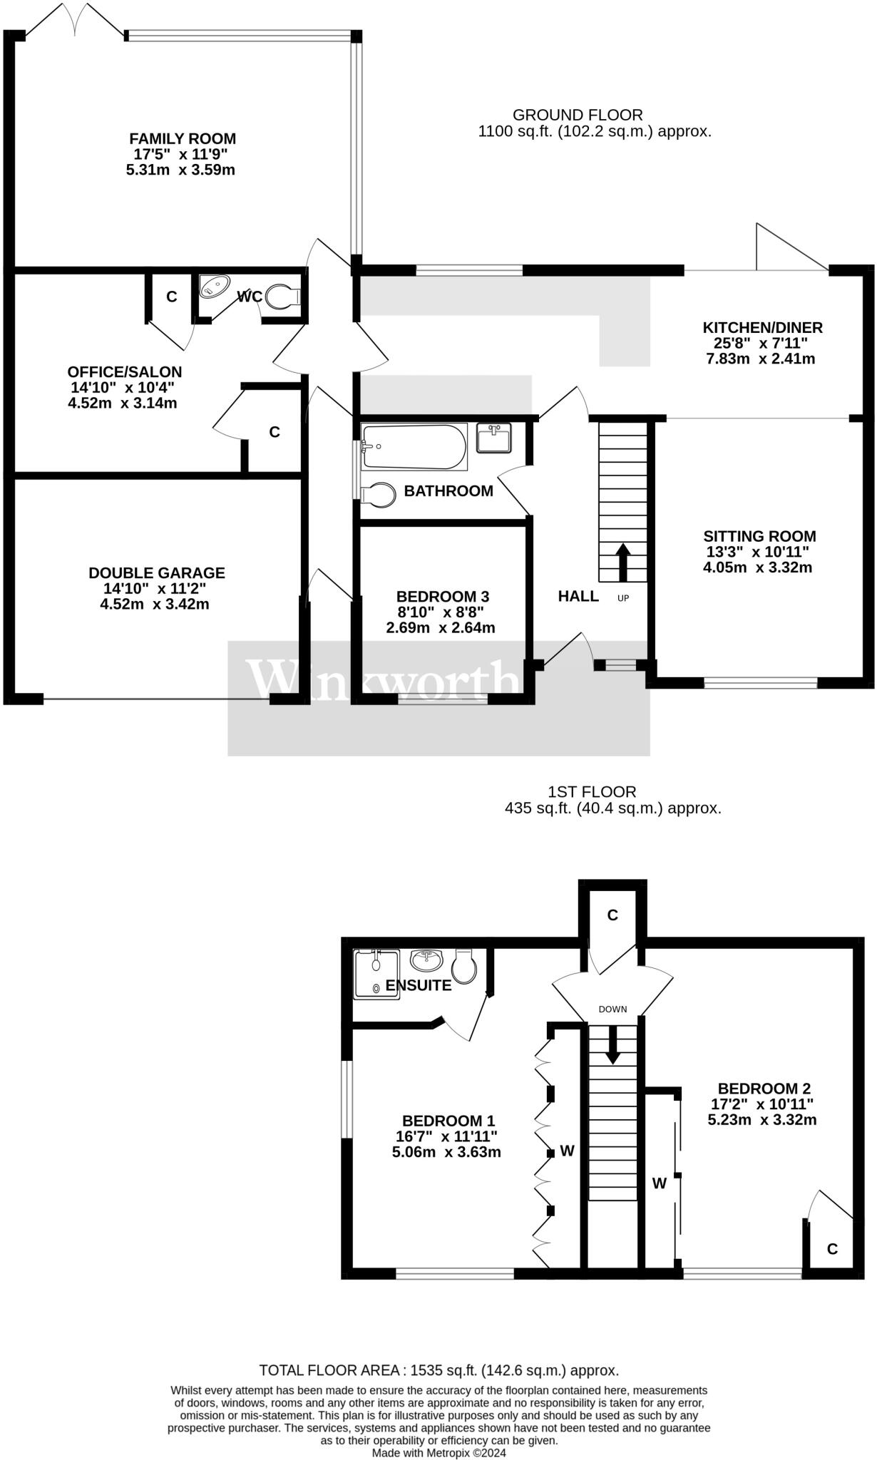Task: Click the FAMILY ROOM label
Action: click(x=183, y=138)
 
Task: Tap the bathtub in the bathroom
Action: click(x=414, y=447)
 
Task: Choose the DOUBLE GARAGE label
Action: click(x=156, y=572)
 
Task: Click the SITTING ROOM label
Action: click(x=759, y=536)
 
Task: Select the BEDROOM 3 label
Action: click(x=442, y=596)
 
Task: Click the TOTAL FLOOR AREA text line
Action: click(x=438, y=1370)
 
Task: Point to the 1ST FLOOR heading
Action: click(x=592, y=791)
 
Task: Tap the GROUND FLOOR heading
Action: click(x=578, y=115)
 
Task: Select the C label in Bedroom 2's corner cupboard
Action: click(x=831, y=1250)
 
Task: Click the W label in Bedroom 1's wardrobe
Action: click(x=568, y=1151)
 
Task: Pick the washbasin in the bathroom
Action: click(x=493, y=438)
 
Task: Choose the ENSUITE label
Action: click(x=418, y=986)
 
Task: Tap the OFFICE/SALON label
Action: click(x=125, y=372)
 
